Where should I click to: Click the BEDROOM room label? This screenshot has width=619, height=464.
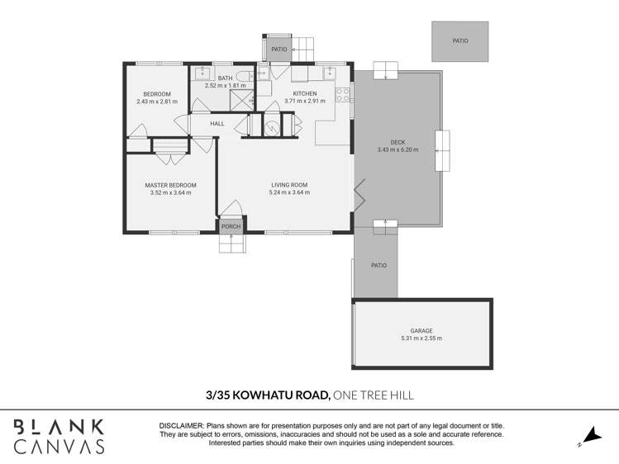157,94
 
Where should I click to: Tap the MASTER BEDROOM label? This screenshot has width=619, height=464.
170,186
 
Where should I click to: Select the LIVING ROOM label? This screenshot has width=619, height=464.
289,186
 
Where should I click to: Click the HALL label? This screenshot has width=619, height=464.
217,124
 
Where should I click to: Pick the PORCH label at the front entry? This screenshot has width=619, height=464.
231,226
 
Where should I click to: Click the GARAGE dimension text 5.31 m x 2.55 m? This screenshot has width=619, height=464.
421,339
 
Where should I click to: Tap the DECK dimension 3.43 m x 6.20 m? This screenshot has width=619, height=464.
398,150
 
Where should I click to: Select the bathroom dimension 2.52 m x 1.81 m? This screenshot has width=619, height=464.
225,86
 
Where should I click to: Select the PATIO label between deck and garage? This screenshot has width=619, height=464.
379,265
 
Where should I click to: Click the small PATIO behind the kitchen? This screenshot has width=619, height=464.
279,49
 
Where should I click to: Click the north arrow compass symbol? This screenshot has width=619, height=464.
589,435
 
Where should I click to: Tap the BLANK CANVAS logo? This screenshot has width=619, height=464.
58,436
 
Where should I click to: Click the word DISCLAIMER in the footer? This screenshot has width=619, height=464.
181,425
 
